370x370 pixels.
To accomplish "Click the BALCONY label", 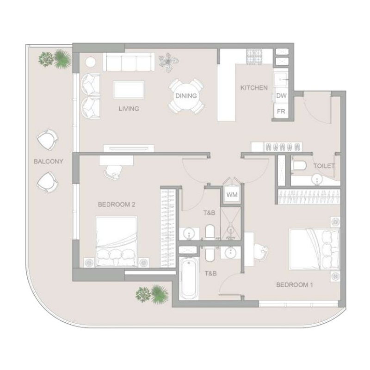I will tap(48, 162).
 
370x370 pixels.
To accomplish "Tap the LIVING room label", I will tap(129, 109).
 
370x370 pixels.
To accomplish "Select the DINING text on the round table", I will tap(186, 96).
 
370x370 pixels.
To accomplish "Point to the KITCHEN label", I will tap(254, 87).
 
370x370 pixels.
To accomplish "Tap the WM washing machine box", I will tap(232, 194).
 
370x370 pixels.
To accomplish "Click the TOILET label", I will tap(324, 166).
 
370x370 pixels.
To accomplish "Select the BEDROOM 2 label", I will tap(116, 204).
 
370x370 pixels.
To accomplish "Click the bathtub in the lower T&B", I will tap(189, 280).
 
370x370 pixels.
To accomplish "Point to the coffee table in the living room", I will tap(129, 89).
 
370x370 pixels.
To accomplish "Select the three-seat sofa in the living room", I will tap(129, 62).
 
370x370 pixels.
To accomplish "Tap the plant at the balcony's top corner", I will tap(55, 58).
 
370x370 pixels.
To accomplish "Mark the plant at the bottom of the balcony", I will tap(151, 293).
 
